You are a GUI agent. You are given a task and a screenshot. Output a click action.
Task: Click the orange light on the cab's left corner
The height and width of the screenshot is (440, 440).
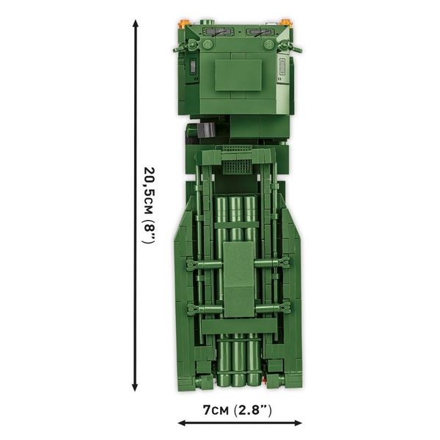coord(184,24)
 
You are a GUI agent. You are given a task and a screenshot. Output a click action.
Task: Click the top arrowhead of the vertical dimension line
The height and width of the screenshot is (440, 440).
coord(135,24)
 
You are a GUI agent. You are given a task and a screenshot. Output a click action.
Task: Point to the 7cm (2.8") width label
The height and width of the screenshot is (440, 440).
coord(237,409)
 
